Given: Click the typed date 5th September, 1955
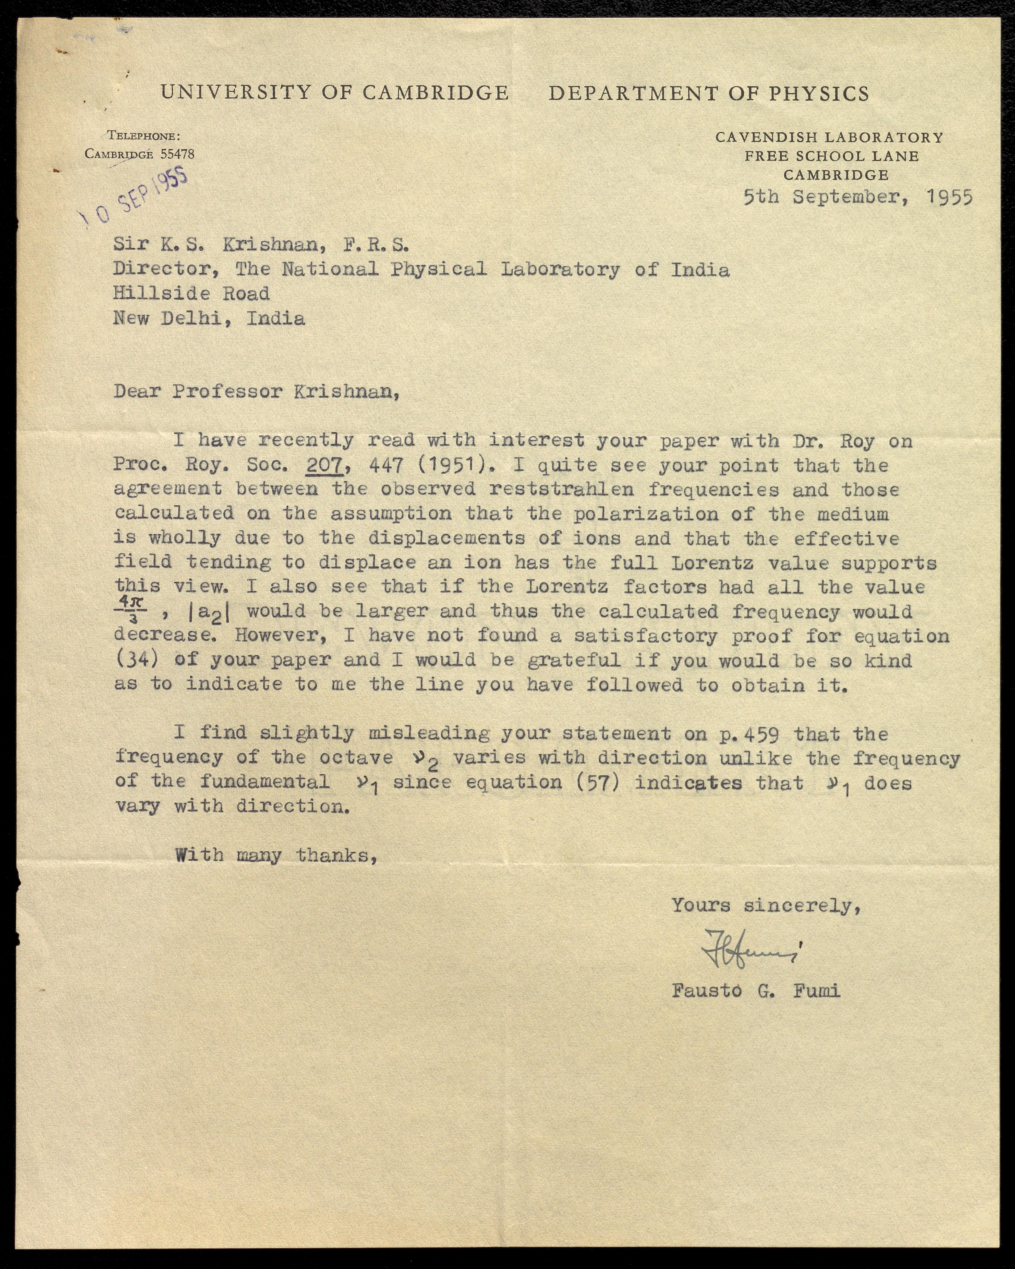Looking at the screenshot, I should [x=857, y=197].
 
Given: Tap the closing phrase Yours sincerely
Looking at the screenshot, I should [x=766, y=905].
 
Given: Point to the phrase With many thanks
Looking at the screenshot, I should [x=275, y=855].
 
